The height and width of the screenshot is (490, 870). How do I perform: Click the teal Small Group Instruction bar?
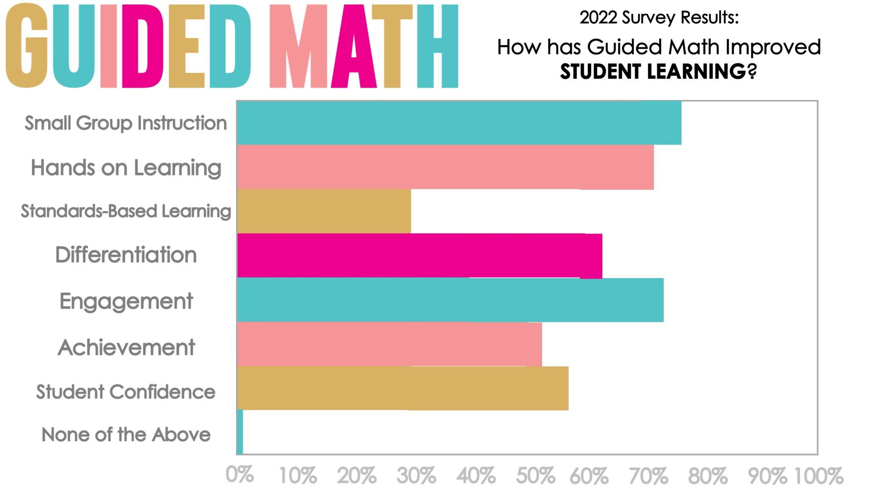click(x=459, y=123)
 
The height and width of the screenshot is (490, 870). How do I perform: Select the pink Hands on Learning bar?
click(x=445, y=167)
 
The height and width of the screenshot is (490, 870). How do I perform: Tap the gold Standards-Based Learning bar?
click(x=324, y=211)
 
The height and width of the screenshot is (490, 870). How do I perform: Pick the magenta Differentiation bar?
click(x=419, y=256)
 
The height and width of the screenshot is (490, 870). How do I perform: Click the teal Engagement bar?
click(x=450, y=300)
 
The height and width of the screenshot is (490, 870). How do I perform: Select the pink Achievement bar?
click(x=389, y=344)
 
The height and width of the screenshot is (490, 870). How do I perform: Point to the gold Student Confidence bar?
click(x=403, y=388)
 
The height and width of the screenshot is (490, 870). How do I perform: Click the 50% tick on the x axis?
click(x=535, y=476)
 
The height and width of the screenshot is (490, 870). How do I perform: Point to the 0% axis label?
click(x=240, y=475)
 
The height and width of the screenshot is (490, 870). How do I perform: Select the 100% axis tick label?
click(x=818, y=476)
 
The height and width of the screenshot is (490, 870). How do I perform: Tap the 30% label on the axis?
click(x=416, y=476)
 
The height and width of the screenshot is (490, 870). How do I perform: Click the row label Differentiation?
click(x=126, y=255)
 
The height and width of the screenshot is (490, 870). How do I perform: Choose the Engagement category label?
click(x=126, y=302)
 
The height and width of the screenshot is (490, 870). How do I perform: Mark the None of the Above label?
click(x=126, y=435)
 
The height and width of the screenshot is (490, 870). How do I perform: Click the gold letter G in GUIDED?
click(x=26, y=46)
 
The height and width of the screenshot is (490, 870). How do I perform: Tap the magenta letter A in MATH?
click(x=354, y=46)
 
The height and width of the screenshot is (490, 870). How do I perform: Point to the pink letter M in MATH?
click(x=299, y=46)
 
